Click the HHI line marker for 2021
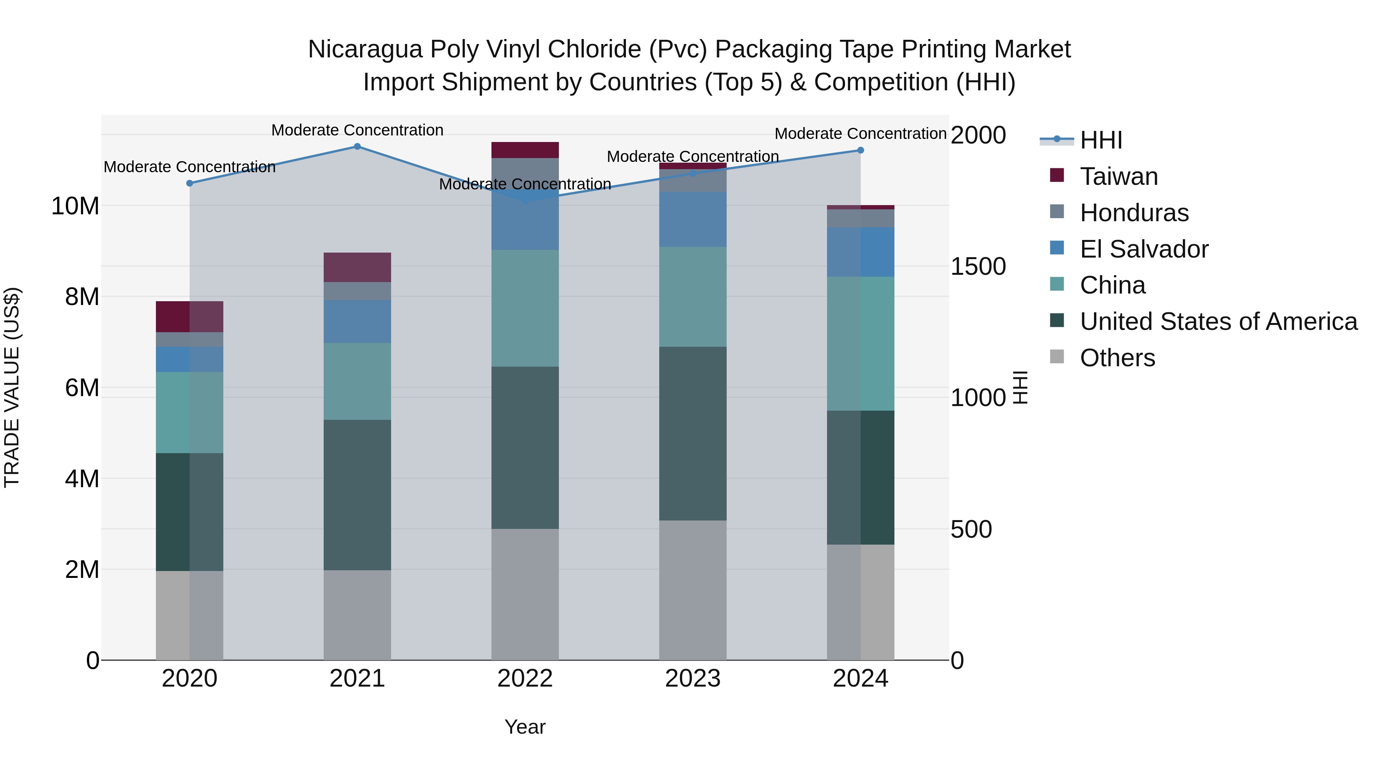pyautogui.click(x=357, y=147)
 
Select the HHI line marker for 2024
pyautogui.click(x=860, y=150)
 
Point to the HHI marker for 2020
pyautogui.click(x=190, y=183)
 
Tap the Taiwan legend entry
pyautogui.click(x=1118, y=176)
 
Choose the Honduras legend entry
pyautogui.click(x=1134, y=213)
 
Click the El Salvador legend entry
pyautogui.click(x=1143, y=249)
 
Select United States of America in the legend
pyautogui.click(x=1218, y=321)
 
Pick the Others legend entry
pyautogui.click(x=1117, y=358)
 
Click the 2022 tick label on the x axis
pyautogui.click(x=525, y=679)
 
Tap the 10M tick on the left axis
pyautogui.click(x=75, y=206)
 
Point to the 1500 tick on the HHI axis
pyautogui.click(x=978, y=266)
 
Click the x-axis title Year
pyautogui.click(x=525, y=727)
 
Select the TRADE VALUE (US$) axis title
pyautogui.click(x=12, y=387)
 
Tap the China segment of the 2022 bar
pyautogui.click(x=525, y=308)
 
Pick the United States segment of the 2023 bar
pyautogui.click(x=693, y=433)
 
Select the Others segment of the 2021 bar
pyautogui.click(x=357, y=615)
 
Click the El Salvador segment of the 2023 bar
pyautogui.click(x=693, y=219)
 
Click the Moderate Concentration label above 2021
pyautogui.click(x=357, y=130)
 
